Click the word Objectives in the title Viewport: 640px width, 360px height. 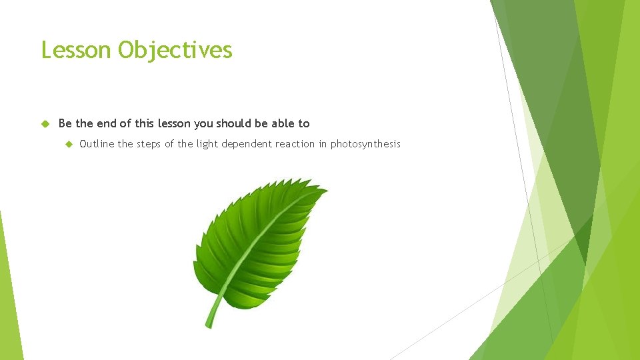[175, 50]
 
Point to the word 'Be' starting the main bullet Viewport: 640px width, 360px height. [65, 123]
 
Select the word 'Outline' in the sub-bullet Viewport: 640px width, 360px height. [97, 144]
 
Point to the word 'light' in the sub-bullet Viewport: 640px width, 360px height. [207, 144]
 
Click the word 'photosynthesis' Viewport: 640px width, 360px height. [365, 144]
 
